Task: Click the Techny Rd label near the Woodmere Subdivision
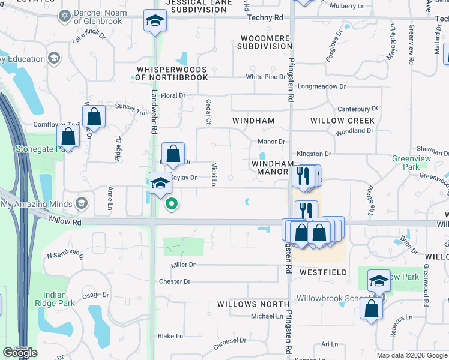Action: pos(265,18)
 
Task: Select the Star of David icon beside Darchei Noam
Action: pos(65,14)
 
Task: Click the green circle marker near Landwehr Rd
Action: pos(172,204)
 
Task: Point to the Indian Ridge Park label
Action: pos(59,299)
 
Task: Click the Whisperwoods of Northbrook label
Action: pos(171,73)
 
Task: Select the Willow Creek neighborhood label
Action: pos(342,121)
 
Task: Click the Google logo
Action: pos(20,353)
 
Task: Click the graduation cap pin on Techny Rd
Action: pos(155,22)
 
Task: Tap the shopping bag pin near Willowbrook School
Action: pos(372,308)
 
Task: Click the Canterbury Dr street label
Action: pos(358,109)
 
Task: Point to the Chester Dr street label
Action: pos(175,281)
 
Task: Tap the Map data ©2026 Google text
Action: pos(411,355)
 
